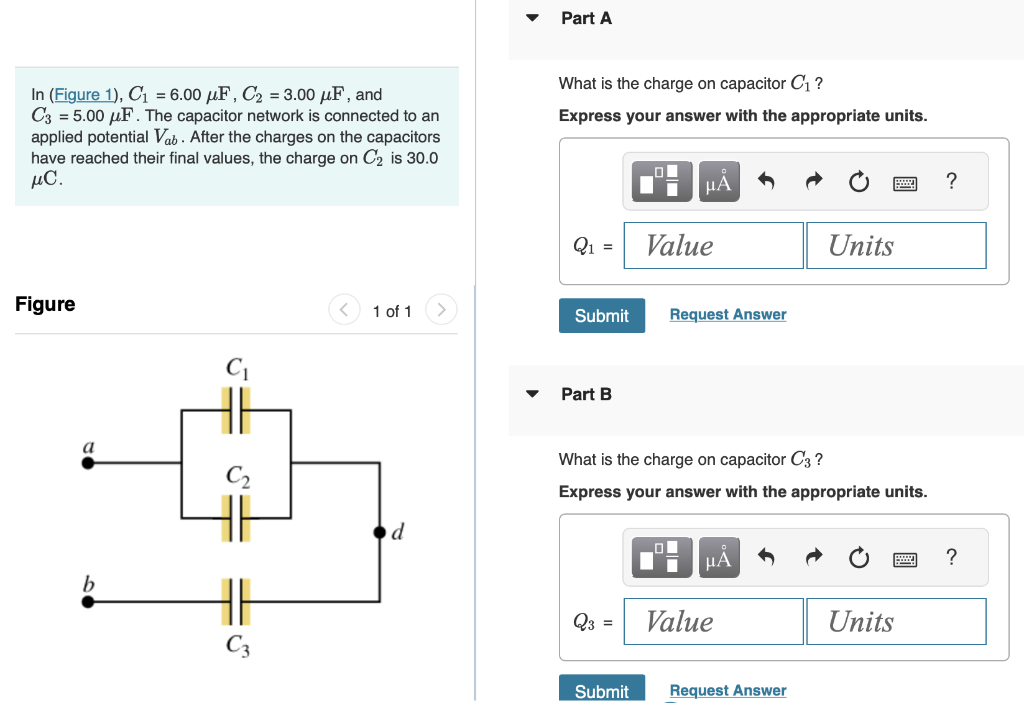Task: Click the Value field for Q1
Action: click(713, 245)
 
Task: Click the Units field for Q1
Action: click(896, 245)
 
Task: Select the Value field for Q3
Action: click(713, 621)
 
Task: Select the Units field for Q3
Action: click(896, 621)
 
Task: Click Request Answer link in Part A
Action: click(727, 315)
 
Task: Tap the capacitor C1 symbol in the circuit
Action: click(235, 410)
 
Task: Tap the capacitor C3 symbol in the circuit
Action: click(235, 602)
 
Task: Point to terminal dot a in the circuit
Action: click(88, 463)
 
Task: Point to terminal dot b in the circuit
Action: click(88, 602)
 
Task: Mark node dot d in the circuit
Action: click(380, 532)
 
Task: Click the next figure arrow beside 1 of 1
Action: click(442, 310)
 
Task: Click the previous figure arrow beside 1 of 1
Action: click(344, 310)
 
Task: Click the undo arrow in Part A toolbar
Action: click(766, 182)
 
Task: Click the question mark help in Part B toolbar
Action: click(951, 557)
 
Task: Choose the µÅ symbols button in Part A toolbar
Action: click(718, 182)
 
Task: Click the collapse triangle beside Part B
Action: click(533, 394)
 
